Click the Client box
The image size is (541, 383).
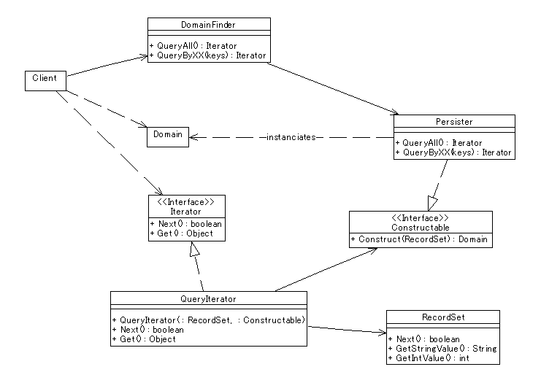pos(45,81)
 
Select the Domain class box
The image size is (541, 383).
pos(168,137)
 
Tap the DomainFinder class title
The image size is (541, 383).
pos(208,25)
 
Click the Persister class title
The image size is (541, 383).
pos(454,122)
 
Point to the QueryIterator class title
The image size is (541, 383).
pos(208,299)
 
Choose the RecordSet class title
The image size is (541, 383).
pos(443,317)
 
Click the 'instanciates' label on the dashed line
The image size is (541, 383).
pos(291,137)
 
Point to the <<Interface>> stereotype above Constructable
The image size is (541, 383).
pos(421,218)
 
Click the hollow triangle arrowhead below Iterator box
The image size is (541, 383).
pos(195,249)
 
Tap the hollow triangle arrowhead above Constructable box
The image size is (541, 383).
pos(432,204)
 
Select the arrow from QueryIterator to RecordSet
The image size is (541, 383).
pos(347,330)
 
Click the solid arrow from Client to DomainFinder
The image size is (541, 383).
pos(107,66)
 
